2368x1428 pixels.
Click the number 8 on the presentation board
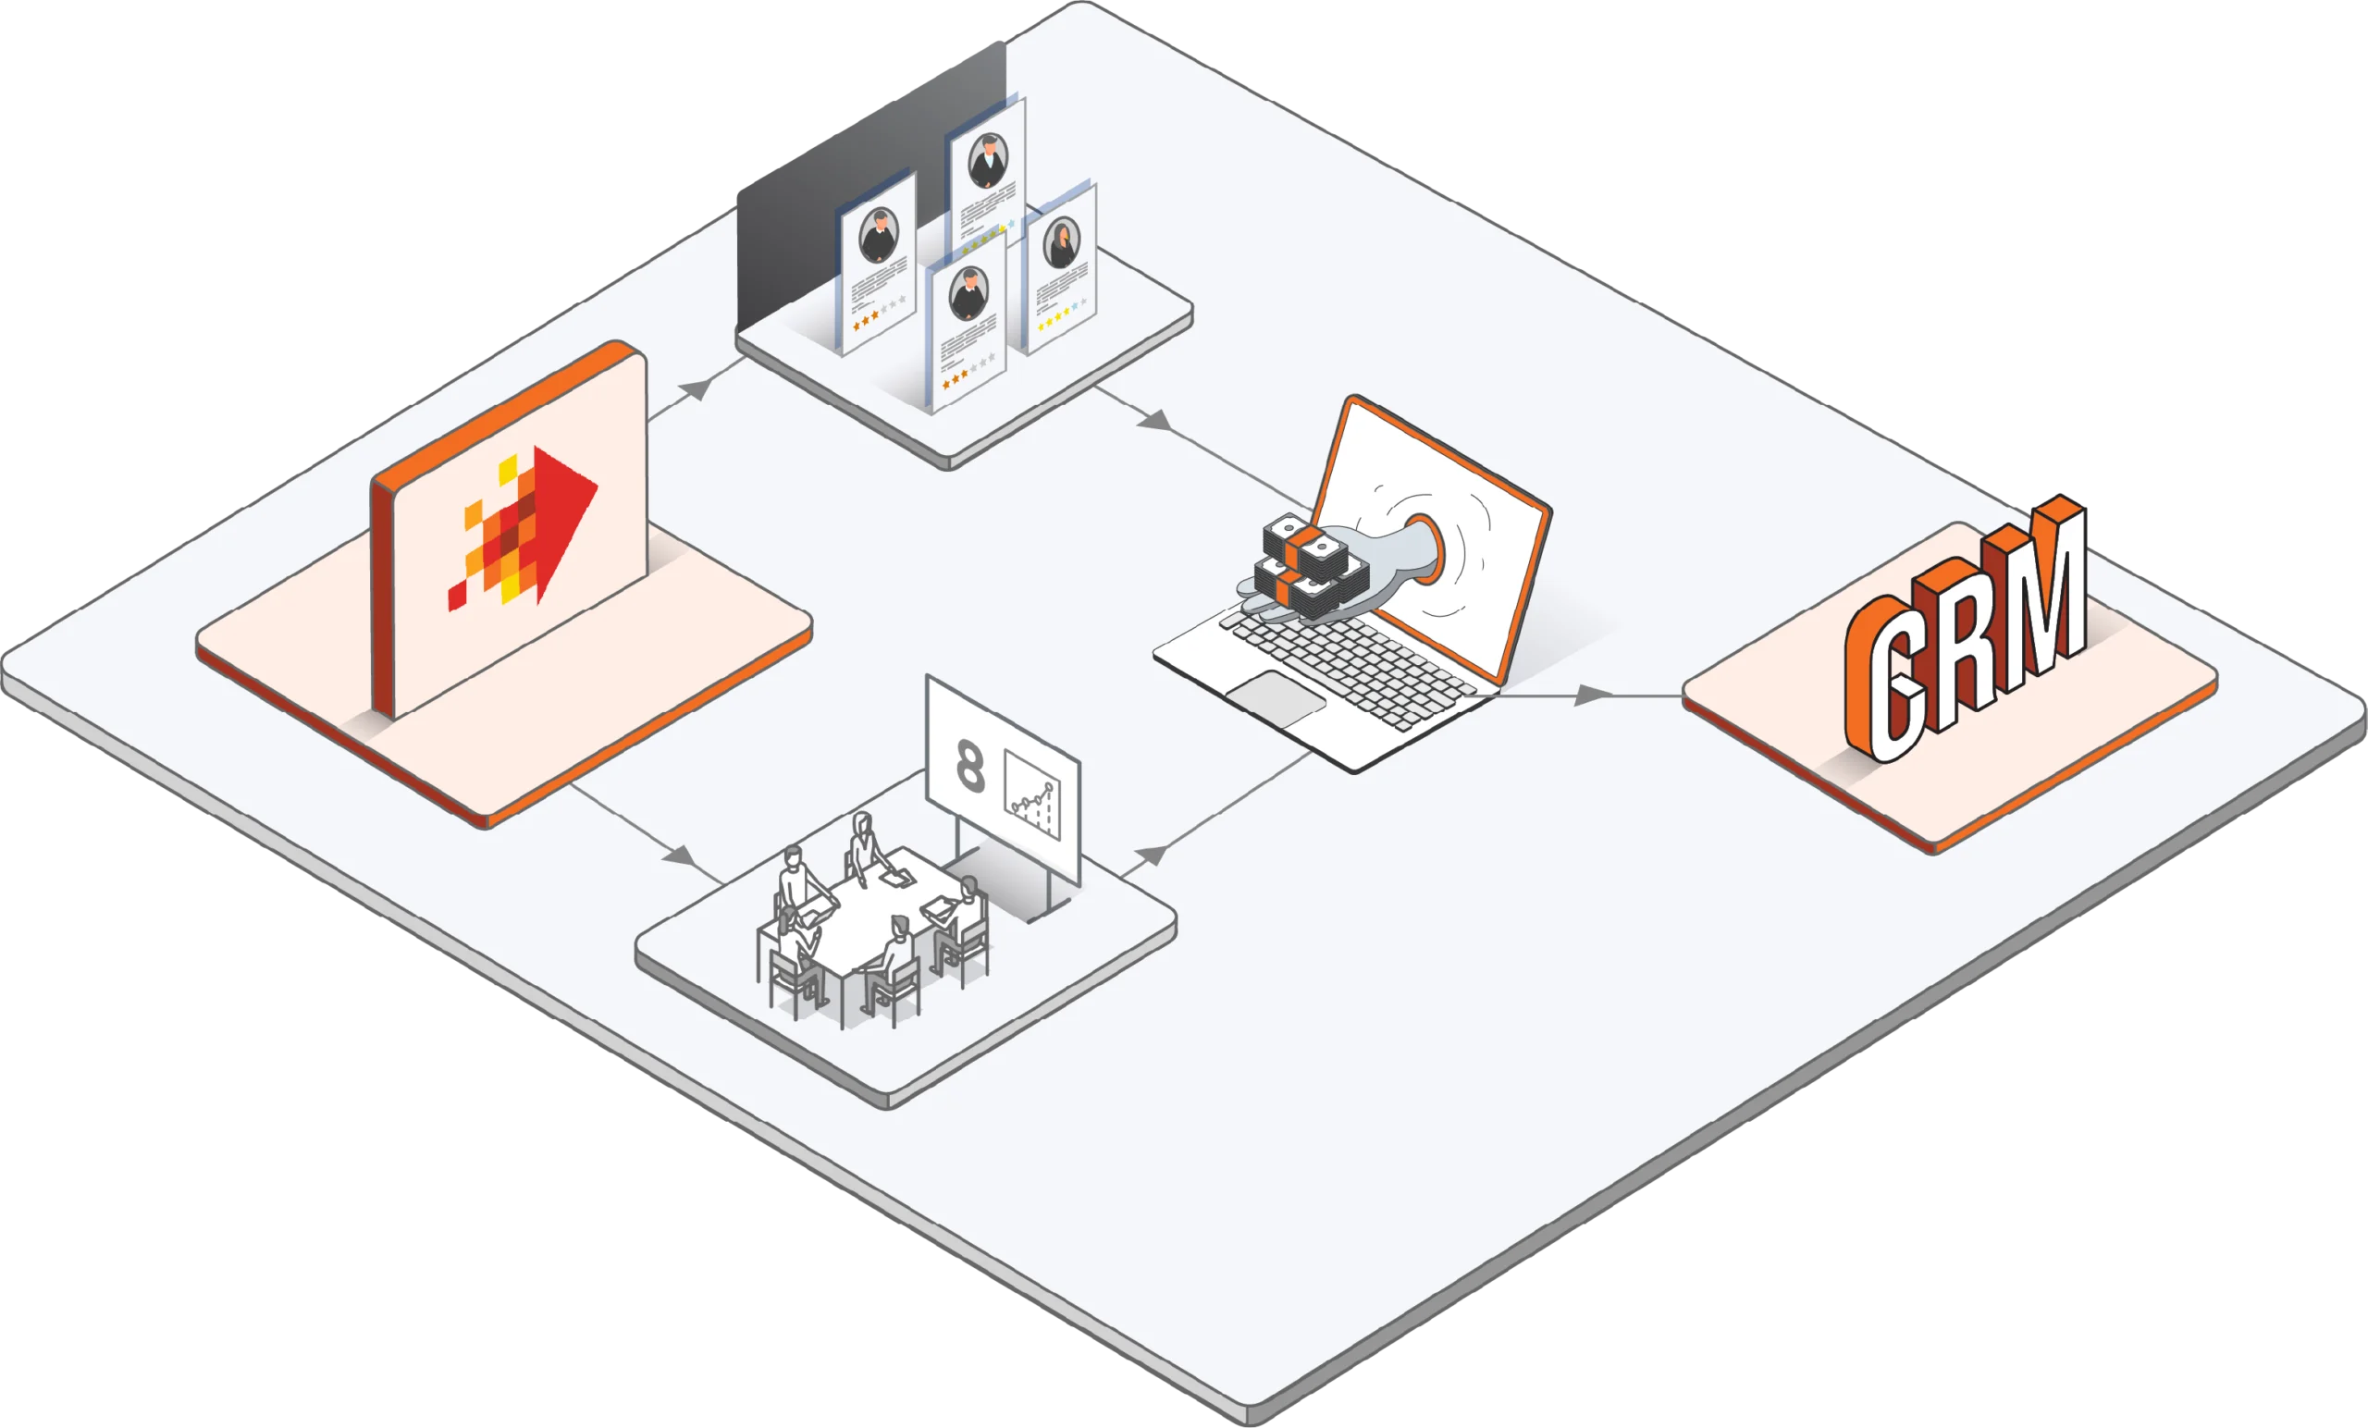(970, 766)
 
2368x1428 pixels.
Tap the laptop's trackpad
(1276, 697)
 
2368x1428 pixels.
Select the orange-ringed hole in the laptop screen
(1426, 548)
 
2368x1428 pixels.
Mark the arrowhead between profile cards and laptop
(1155, 420)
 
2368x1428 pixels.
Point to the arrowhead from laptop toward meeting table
(1151, 854)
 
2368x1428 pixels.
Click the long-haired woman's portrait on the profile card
(1062, 242)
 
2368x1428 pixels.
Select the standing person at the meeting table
(864, 845)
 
